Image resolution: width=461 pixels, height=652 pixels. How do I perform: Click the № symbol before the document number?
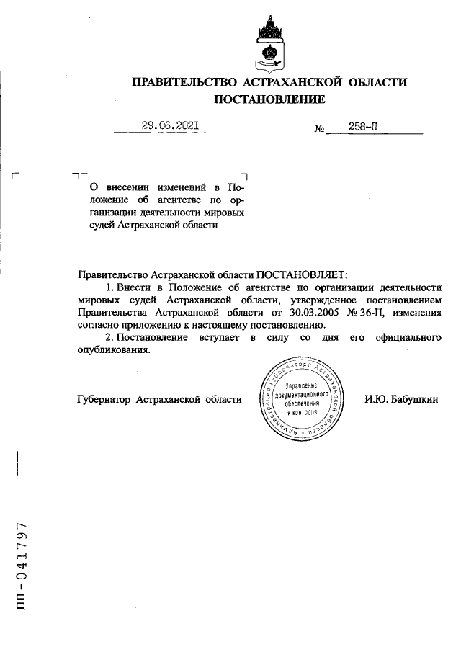(x=320, y=130)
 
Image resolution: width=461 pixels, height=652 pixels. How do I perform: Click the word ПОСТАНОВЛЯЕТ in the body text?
(x=301, y=274)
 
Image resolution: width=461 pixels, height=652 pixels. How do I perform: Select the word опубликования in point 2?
(x=113, y=350)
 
